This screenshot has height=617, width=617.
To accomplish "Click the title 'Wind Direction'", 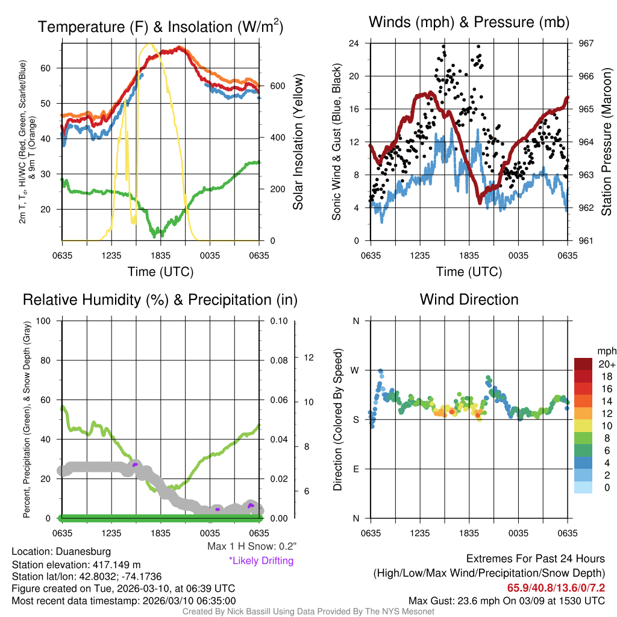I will (469, 299).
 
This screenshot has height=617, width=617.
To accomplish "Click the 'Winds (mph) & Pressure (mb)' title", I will (469, 23).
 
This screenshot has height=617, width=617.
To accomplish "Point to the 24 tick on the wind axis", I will (354, 43).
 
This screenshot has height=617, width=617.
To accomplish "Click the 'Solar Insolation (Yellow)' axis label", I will (298, 142).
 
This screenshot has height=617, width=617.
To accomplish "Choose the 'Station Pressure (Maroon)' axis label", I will (607, 142).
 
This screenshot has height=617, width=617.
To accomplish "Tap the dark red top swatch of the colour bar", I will (583, 364).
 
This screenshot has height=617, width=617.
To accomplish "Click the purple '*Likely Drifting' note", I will (261, 560).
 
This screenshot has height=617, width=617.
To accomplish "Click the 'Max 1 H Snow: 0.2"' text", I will (251, 547).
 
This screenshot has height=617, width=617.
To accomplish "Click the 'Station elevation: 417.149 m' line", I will (76, 565).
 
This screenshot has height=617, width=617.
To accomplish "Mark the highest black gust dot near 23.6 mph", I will (443, 46).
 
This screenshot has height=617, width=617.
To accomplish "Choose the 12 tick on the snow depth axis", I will (310, 357).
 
